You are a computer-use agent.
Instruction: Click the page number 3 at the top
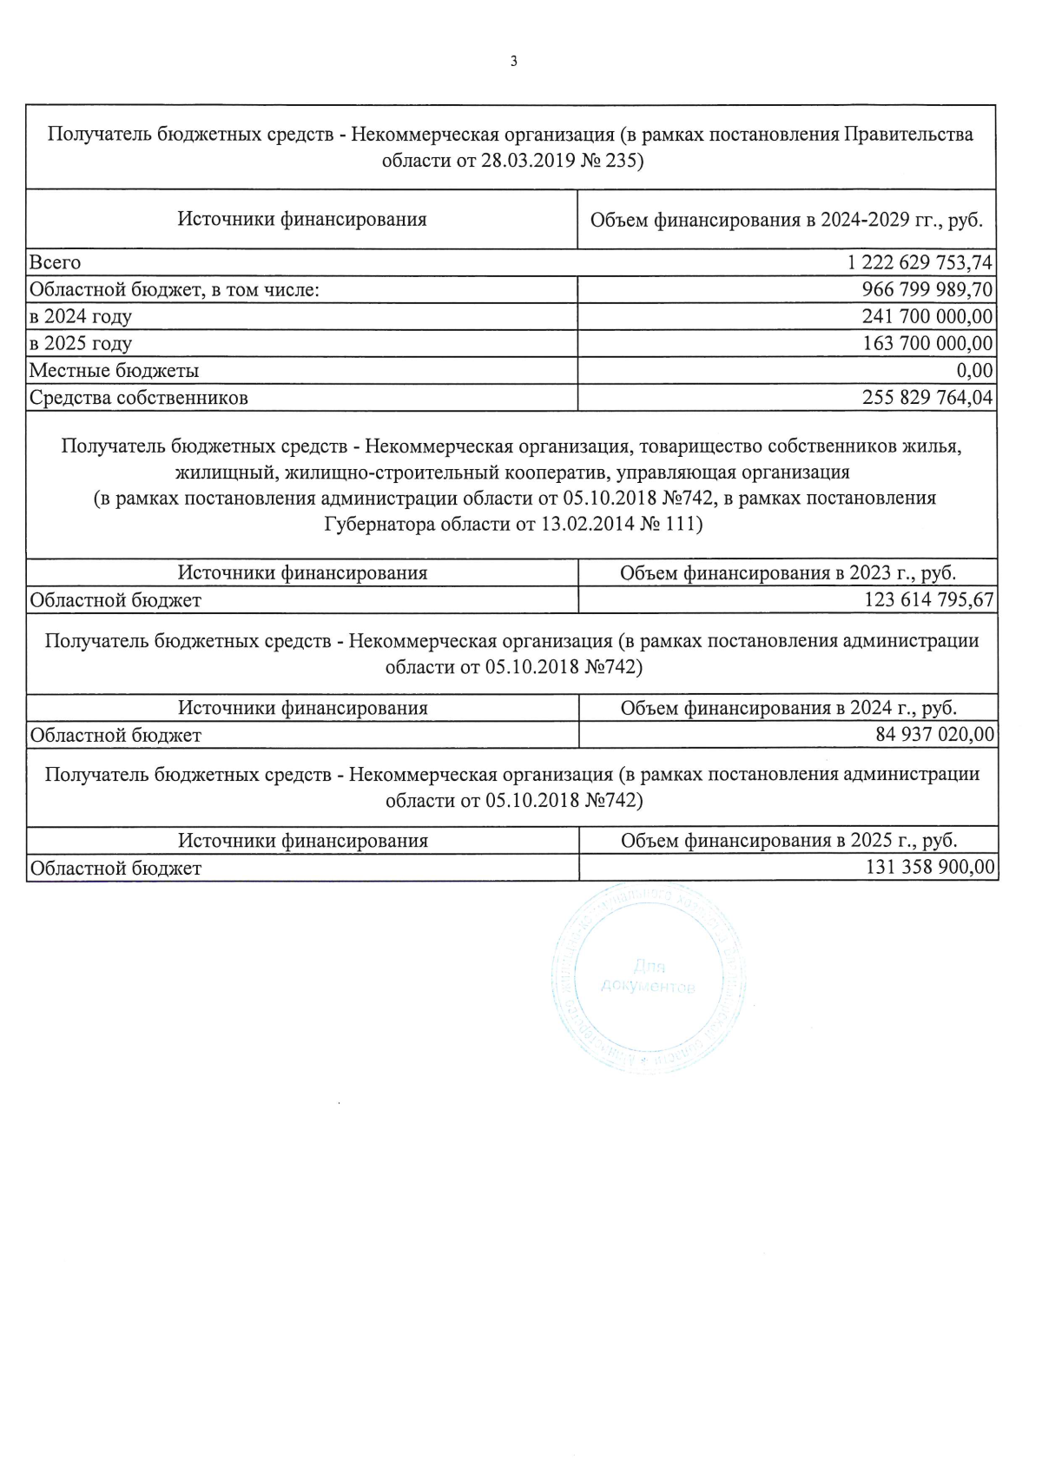coord(514,62)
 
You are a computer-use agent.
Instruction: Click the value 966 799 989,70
coord(927,289)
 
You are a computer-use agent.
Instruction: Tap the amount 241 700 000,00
coord(927,316)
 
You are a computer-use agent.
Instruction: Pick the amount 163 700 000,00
coord(927,343)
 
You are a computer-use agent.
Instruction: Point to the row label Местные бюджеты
coord(114,371)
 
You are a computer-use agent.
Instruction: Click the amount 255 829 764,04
coord(927,398)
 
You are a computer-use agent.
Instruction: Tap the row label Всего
coord(55,262)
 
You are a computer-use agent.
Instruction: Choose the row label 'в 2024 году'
coord(81,316)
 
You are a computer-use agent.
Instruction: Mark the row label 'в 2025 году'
coord(81,343)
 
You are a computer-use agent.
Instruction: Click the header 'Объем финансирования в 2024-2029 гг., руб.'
coord(786,220)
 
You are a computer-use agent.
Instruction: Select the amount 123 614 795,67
coord(928,600)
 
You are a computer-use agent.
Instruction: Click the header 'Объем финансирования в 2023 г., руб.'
coord(788,573)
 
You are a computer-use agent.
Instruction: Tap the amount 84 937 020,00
coord(934,735)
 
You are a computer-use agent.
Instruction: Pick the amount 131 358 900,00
coord(929,868)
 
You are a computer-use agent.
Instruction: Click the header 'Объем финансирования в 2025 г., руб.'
coord(788,841)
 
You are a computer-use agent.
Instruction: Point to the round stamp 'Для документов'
coord(648,977)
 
